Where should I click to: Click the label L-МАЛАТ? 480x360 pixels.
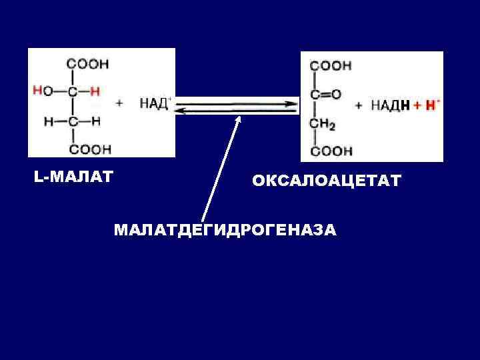pos(73,177)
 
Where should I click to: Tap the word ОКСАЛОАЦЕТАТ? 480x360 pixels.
pos(327,181)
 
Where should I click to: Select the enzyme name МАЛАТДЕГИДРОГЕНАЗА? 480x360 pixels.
pos(225,230)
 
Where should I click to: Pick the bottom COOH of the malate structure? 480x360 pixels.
pos(90,149)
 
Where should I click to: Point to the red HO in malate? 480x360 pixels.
pos(42,91)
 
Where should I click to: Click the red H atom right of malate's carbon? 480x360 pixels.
pos(95,91)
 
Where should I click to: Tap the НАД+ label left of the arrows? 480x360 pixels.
pos(155,103)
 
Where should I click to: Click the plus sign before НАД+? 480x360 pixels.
pos(120,103)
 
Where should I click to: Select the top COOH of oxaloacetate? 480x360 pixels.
pos(331,66)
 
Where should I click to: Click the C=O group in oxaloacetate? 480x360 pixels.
pos(325,94)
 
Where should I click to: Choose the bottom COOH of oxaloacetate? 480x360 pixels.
pos(331,151)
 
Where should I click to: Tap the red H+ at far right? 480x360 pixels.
pos(432,105)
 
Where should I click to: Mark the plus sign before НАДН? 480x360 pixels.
pos(359,105)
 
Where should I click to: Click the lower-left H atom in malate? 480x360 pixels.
pos(49,121)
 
